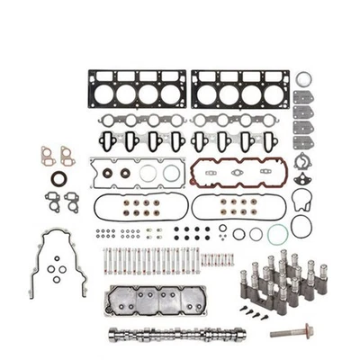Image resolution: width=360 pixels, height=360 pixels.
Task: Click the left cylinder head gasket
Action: [x=136, y=91]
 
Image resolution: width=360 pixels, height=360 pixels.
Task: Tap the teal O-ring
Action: [x=274, y=232]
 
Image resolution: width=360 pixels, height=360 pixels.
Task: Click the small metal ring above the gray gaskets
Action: [x=303, y=78]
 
